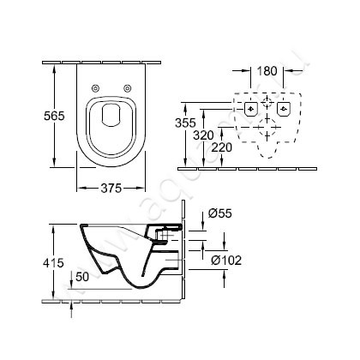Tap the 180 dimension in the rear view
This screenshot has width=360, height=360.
267,70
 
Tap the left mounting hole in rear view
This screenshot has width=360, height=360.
249,109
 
